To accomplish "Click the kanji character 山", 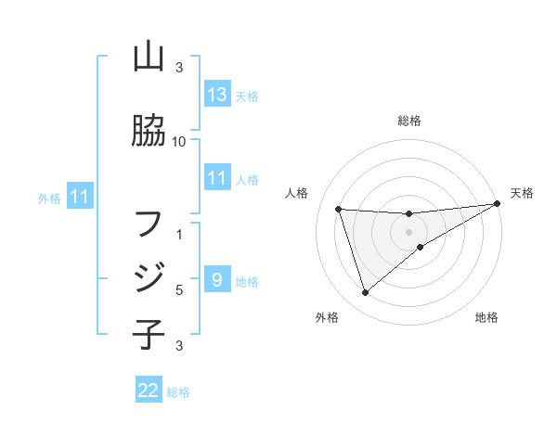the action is pos(149,58).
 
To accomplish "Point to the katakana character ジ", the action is pos(149,277).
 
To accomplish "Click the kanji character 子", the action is pos(149,333).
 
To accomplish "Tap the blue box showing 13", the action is pos(217,95).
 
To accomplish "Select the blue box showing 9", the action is pos(216,280).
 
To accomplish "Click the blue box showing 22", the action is pos(149,391).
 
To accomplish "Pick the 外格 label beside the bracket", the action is pos(49,198).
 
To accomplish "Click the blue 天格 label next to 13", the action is pos(246,96).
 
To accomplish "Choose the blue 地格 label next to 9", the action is pos(246,281).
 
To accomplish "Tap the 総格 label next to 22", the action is pos(178,391).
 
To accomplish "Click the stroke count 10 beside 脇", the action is pos(179,141).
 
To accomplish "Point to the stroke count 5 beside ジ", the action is pos(178,289).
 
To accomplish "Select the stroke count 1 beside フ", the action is pos(179,234).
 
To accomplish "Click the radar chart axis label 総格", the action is pos(409,121).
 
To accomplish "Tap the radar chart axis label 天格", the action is pos(522,193).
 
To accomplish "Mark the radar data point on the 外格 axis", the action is pos(365,293).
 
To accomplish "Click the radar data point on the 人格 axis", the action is pos(338,209).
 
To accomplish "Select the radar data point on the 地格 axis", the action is pos(421,247).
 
